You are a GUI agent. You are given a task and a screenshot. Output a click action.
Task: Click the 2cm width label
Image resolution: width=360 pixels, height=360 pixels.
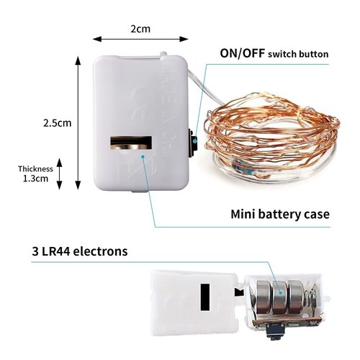coord(140,29)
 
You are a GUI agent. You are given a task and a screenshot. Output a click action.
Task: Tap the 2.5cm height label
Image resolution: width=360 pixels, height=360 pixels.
coord(58,123)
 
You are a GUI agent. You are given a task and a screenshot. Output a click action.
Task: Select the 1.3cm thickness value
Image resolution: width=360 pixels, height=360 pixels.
coord(35,179)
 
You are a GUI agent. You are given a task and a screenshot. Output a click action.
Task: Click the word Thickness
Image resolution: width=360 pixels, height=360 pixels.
coord(35,168)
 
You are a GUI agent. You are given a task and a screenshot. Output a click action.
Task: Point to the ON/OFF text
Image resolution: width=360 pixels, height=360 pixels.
coord(243,53)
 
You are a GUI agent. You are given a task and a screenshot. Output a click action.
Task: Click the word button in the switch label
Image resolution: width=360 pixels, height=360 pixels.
coord(314,54)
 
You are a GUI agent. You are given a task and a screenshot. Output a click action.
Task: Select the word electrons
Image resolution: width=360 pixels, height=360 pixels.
coord(100,251)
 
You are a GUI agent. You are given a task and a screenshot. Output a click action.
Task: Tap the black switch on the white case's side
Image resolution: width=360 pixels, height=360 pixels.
coord(193,143)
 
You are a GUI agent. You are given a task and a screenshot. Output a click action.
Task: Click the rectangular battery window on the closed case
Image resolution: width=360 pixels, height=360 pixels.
coord(131,143)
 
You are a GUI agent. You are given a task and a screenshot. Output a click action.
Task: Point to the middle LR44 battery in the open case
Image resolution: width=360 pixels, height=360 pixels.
coord(279,297)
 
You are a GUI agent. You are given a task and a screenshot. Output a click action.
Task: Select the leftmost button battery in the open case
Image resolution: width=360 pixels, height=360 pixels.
coord(264,297)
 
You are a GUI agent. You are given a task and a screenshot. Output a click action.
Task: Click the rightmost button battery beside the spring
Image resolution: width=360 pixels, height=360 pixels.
coord(296,297)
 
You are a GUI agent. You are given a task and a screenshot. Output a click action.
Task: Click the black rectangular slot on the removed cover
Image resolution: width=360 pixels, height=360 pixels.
coord(205,297)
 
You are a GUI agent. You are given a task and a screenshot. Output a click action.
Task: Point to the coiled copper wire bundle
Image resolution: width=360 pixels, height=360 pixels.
coord(271,137)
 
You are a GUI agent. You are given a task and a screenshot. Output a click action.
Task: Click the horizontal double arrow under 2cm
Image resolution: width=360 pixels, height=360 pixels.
coord(140,39)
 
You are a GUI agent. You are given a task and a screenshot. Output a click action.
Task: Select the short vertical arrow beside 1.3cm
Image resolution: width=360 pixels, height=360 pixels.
coord(59,174)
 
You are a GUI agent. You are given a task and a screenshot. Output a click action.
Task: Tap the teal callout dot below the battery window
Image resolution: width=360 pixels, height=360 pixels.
coord(143,157)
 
